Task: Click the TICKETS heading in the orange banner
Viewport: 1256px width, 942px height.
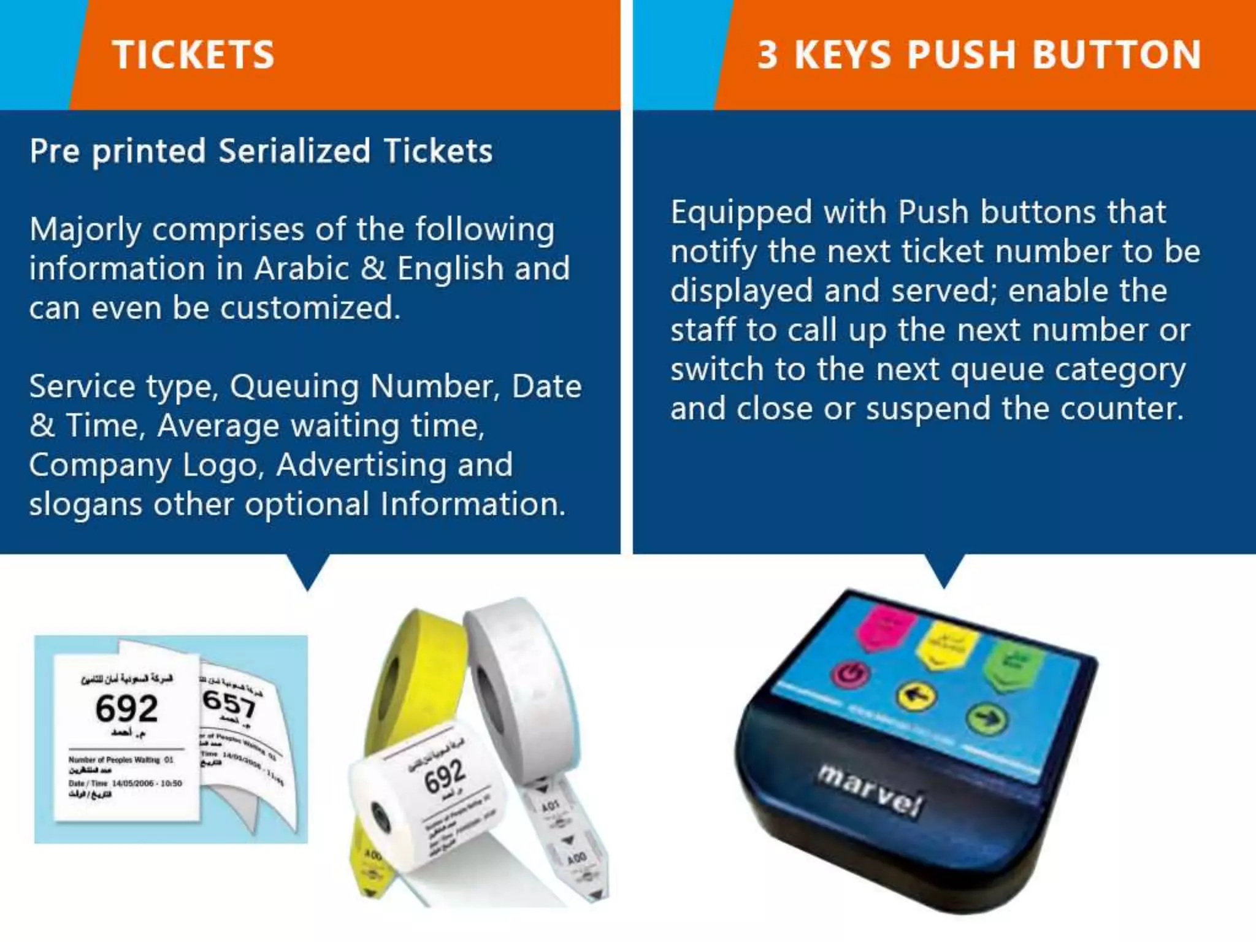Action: coord(193,55)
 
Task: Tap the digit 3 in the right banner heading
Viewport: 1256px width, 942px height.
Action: coord(768,55)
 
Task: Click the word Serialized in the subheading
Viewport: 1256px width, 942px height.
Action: coord(294,151)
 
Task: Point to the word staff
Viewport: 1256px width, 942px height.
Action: coord(703,331)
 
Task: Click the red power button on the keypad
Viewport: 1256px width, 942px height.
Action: coord(850,674)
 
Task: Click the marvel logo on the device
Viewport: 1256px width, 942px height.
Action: coord(868,791)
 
